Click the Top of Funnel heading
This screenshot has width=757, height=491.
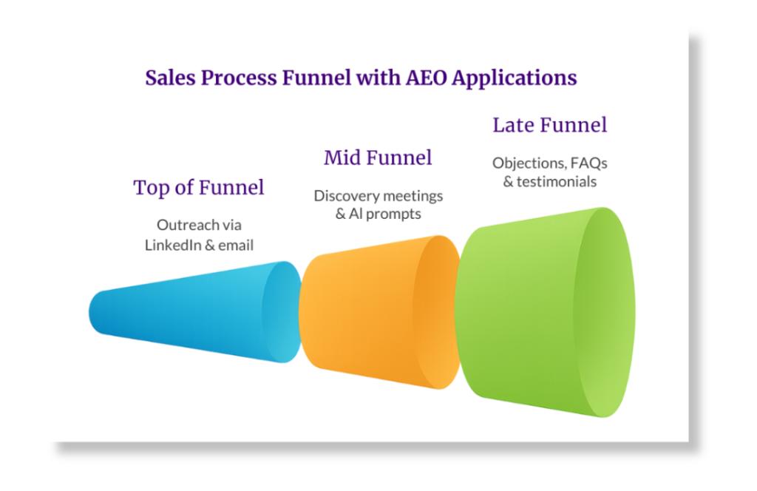(199, 188)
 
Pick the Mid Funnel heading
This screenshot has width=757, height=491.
(378, 158)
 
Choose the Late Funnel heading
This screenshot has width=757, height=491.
(550, 125)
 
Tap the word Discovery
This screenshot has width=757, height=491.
(346, 196)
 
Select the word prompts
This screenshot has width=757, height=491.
(396, 214)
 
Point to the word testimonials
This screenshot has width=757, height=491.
(557, 181)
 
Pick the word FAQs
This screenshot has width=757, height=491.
(588, 163)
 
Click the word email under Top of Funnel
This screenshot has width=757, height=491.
(236, 245)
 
